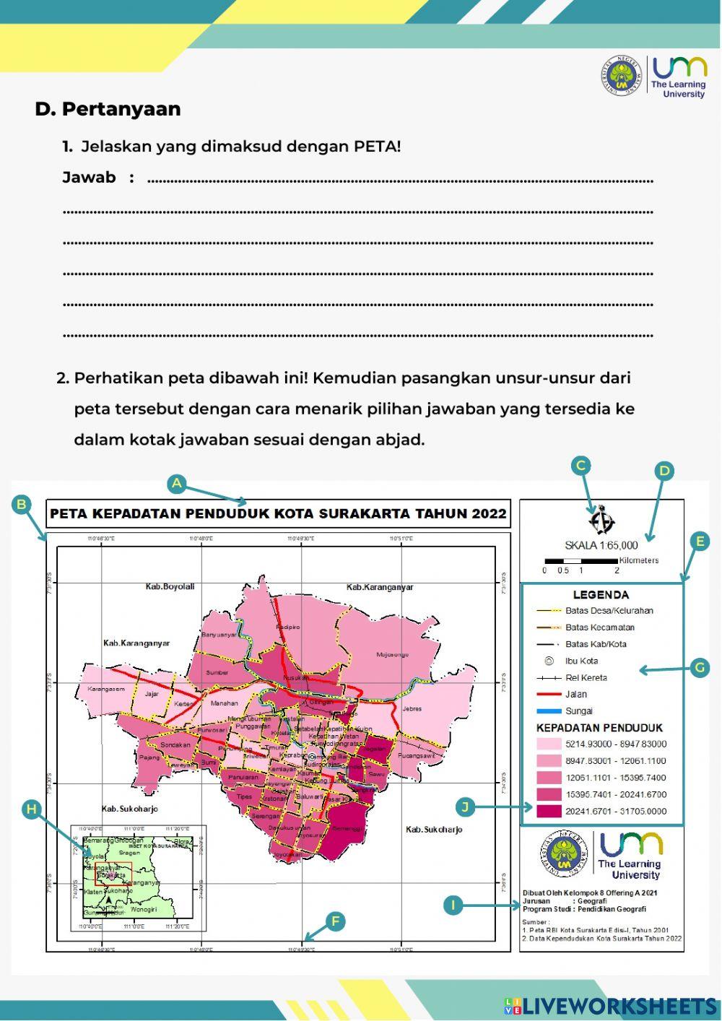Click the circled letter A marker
click(177, 484)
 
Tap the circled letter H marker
click(31, 809)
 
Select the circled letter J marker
click(466, 807)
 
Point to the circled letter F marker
click(334, 921)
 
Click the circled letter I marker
click(453, 905)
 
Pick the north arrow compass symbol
click(601, 521)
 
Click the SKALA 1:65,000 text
click(601, 545)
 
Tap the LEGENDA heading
click(601, 595)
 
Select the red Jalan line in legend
click(549, 695)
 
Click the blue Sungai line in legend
click(549, 711)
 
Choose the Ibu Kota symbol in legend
click(549, 661)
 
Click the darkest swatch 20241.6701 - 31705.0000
click(549, 812)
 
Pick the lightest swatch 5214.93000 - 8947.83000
click(549, 744)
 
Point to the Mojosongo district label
click(392, 655)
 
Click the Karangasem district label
click(106, 690)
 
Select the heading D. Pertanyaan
click(108, 109)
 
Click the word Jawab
click(89, 178)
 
